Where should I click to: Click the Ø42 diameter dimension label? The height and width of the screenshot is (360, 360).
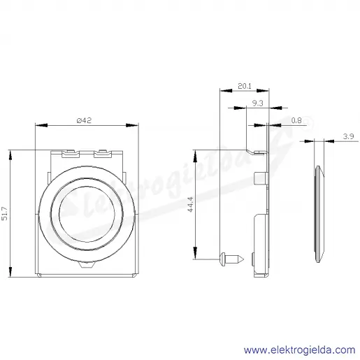[84, 120]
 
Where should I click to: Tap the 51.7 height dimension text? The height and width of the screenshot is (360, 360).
[5, 214]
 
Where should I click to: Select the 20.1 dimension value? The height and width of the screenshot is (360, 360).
[245, 86]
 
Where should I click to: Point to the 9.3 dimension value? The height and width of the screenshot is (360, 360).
[258, 103]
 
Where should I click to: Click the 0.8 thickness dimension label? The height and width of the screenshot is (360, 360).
[296, 120]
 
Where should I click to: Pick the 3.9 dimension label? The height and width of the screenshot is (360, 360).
[349, 136]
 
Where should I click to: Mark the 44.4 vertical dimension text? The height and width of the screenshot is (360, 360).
[190, 204]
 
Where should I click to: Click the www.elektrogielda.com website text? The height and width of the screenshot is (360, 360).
[300, 350]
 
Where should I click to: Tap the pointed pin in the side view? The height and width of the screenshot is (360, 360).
[232, 259]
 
